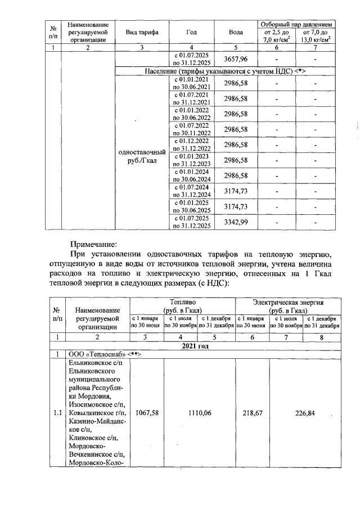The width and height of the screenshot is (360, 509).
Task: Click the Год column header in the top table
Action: pyautogui.click(x=192, y=33)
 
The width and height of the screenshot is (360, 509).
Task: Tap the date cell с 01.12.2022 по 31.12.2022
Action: pyautogui.click(x=192, y=145)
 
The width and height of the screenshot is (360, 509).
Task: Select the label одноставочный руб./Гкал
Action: pyautogui.click(x=142, y=156)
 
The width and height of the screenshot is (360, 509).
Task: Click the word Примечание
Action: pyautogui.click(x=93, y=245)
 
